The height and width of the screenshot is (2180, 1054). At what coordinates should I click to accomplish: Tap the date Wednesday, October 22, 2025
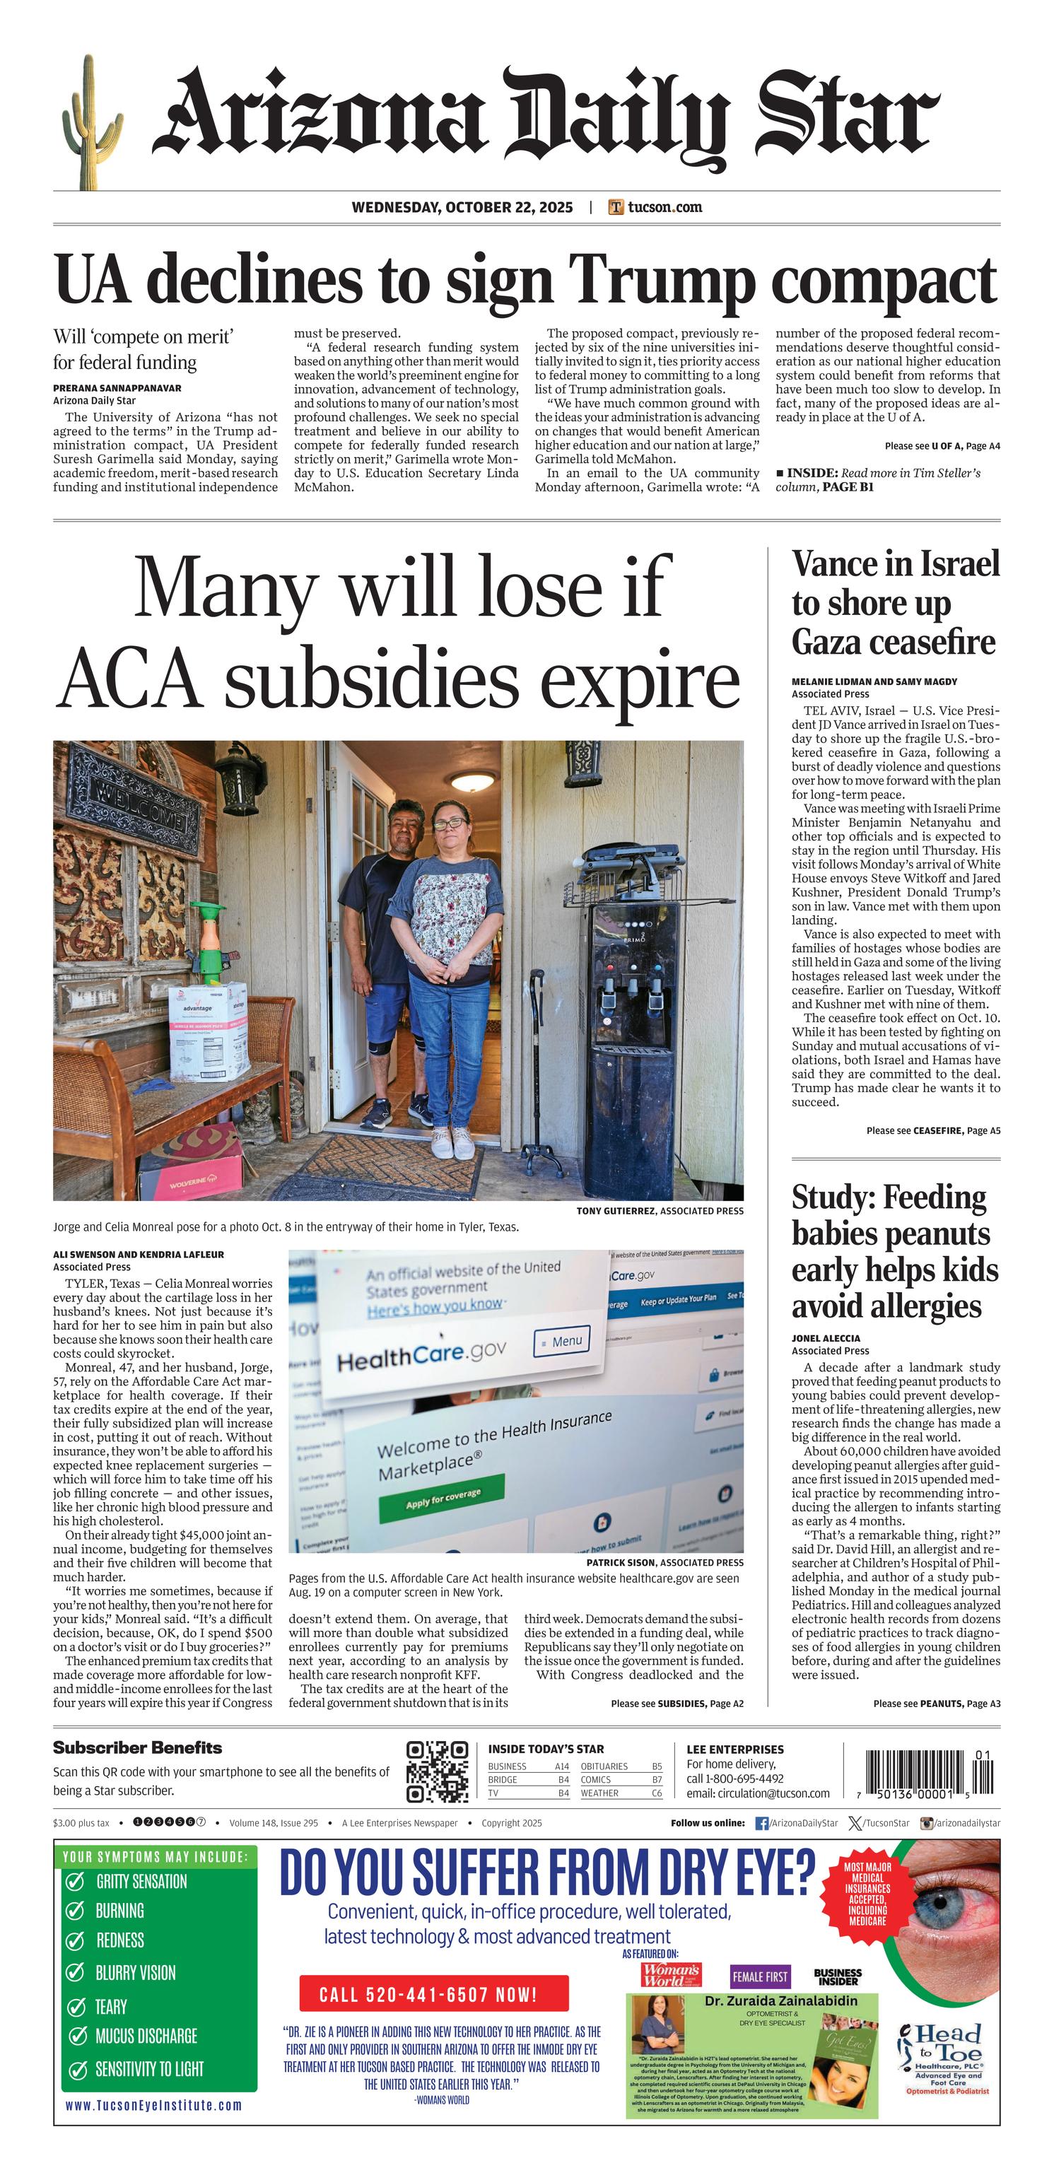462,207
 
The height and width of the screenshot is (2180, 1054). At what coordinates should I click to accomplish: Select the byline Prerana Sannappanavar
117,389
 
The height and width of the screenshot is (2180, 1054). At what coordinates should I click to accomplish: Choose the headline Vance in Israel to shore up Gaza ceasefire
895,602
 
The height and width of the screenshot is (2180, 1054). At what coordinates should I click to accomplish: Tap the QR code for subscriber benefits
437,1771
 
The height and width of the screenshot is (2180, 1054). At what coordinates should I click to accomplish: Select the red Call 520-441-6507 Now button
433,1994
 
